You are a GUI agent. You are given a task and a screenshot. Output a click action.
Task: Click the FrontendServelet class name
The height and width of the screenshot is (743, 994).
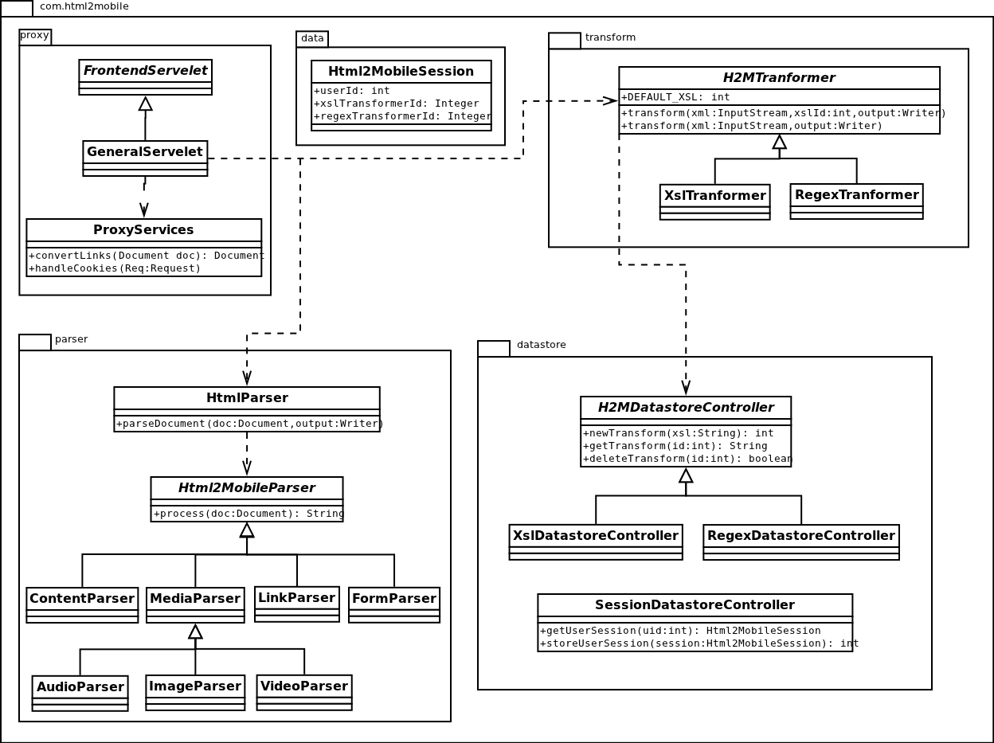click(x=145, y=71)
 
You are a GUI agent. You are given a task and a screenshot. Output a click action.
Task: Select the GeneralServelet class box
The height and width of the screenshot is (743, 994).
click(x=145, y=158)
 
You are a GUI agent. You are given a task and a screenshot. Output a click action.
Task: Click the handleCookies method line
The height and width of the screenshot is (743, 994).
click(x=115, y=268)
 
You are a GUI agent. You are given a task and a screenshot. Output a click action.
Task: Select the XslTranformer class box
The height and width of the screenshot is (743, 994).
click(x=714, y=201)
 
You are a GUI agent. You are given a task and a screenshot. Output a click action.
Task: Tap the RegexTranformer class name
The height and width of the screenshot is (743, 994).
click(x=856, y=195)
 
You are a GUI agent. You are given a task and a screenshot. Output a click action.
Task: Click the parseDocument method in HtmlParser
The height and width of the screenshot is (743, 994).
click(x=249, y=424)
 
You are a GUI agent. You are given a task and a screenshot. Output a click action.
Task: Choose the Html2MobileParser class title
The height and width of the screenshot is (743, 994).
click(x=246, y=487)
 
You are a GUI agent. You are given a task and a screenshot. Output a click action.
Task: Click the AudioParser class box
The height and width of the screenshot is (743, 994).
click(x=80, y=693)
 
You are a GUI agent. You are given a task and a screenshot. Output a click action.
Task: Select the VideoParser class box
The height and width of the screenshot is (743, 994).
click(x=303, y=692)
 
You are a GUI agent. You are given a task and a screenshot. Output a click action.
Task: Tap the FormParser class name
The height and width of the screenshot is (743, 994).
click(x=393, y=598)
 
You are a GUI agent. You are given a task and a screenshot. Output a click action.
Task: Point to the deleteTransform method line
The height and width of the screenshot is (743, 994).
click(x=687, y=459)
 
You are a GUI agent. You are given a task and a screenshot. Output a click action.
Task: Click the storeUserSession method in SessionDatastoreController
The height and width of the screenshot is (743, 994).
click(x=699, y=643)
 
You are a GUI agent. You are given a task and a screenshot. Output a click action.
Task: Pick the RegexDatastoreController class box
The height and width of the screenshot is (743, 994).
click(x=800, y=542)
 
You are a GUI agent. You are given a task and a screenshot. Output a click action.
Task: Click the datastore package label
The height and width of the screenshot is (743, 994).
click(x=541, y=345)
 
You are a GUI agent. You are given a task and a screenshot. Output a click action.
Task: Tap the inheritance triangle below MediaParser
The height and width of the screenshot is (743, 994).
click(x=195, y=632)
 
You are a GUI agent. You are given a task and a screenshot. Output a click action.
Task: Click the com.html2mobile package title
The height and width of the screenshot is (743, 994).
click(x=84, y=6)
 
